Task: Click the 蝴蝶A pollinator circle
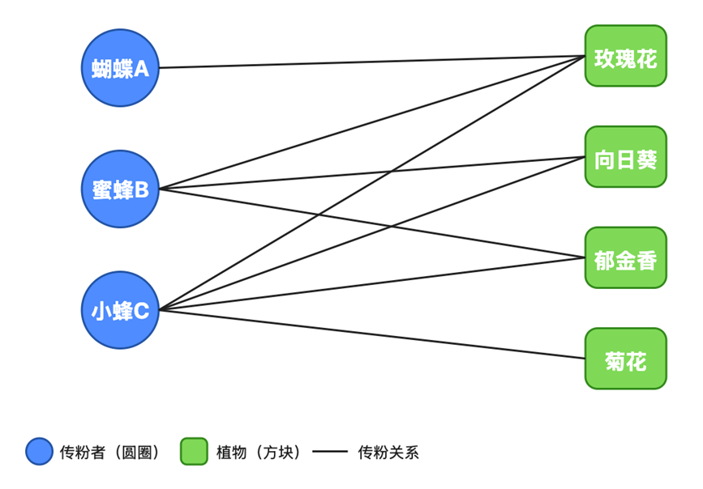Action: [120, 68]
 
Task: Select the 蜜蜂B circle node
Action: [120, 189]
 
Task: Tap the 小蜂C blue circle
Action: [120, 310]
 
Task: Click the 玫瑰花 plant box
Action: [625, 56]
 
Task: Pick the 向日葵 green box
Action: [625, 157]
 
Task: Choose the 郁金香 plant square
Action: [625, 257]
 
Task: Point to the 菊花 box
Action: [625, 358]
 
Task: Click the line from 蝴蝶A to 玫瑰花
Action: [372, 62]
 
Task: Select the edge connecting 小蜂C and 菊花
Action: [372, 334]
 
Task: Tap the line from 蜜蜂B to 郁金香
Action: [372, 223]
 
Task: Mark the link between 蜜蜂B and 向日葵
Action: [372, 173]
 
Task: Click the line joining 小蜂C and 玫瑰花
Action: [372, 183]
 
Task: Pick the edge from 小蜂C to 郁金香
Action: [372, 284]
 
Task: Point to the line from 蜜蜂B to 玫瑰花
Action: [372, 122]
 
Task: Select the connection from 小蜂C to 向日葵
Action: [372, 233]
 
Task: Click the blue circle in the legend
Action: [40, 452]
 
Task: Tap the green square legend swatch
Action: [194, 452]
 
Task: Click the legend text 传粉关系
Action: [388, 453]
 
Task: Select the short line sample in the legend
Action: [330, 452]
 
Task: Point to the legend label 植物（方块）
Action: [259, 453]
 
